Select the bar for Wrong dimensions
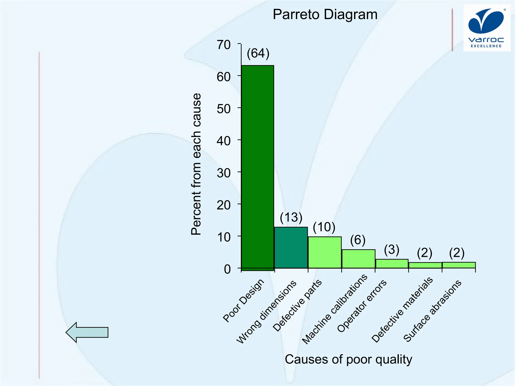click(x=291, y=248)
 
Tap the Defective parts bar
click(x=324, y=252)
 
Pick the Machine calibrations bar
click(x=358, y=259)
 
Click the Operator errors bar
click(x=392, y=264)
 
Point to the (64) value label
click(x=258, y=54)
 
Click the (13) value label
click(x=291, y=217)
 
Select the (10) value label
click(x=324, y=227)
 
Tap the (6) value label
click(x=358, y=240)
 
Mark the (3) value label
click(x=392, y=250)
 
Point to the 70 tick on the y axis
click(x=224, y=45)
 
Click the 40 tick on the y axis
click(x=224, y=141)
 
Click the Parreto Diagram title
click(x=325, y=15)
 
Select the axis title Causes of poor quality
click(x=348, y=359)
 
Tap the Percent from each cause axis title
click(x=196, y=164)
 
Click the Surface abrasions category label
click(x=433, y=311)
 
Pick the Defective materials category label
click(x=402, y=310)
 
